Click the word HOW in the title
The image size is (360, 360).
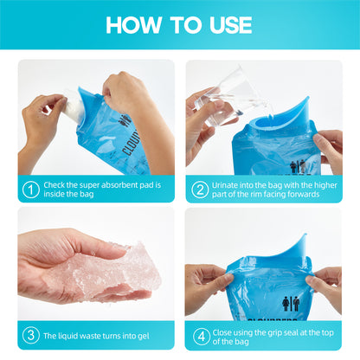pos(134,25)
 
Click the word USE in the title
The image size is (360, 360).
pos(231,25)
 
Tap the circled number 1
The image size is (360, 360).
pos(30,190)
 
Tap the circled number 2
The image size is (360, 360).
pos(200,190)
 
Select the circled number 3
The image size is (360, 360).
pos(30,335)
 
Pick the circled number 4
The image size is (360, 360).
pos(201,337)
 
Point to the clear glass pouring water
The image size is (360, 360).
pos(221,97)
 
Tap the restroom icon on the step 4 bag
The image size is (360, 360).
pos(291,304)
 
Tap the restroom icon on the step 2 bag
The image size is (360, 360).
pos(298,167)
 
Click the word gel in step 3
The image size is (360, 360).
pos(144,336)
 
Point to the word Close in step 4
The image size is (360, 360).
pos(222,332)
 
